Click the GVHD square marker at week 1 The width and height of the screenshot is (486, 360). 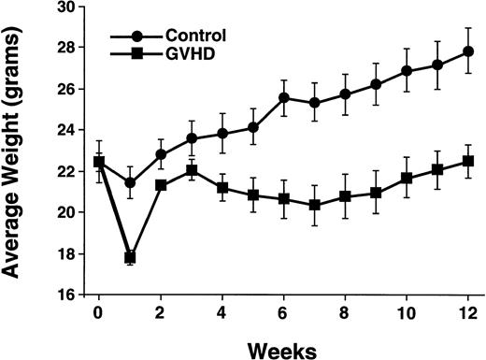130,257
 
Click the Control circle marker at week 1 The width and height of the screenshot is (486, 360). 130,182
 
